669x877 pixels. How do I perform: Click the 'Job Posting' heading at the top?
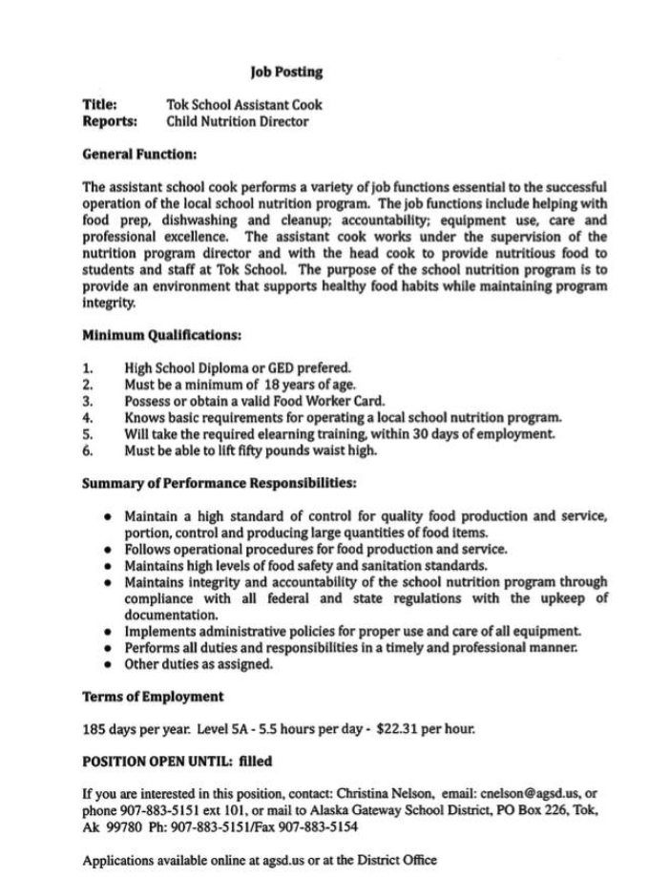[286, 72]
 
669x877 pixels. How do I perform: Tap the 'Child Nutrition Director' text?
[238, 121]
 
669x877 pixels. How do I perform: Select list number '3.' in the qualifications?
[88, 401]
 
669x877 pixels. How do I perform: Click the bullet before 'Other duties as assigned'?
[111, 665]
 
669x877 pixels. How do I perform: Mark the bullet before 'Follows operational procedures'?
[111, 549]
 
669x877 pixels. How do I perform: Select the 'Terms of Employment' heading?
[153, 697]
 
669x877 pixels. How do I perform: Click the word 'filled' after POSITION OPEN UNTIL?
[254, 762]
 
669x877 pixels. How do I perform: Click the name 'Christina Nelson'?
[385, 793]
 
